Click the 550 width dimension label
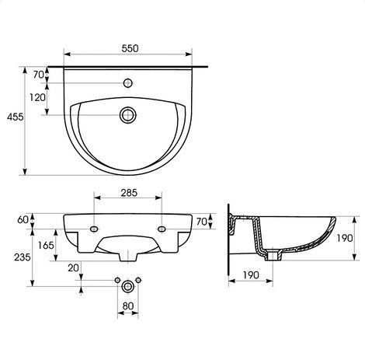point(130,48)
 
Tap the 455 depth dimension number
point(16,117)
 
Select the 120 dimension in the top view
point(37,98)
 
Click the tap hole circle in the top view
point(128,83)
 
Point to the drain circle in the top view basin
point(128,115)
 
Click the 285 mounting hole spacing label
point(129,193)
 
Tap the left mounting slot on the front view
point(94,229)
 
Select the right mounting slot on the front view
point(162,229)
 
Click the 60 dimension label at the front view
point(23,219)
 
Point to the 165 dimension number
point(46,245)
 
